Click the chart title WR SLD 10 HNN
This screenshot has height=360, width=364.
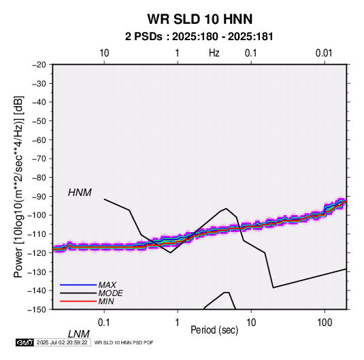coord(200,19)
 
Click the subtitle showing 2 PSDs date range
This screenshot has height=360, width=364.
coord(199,37)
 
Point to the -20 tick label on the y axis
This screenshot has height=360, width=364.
coord(39,65)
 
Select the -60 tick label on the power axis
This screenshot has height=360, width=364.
coord(39,140)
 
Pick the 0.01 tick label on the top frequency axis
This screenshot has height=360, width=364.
coord(324,53)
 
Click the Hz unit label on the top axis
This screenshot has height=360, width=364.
coord(214,53)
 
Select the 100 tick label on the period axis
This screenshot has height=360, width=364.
coord(325,323)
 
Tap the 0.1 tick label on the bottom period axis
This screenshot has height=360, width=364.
coord(103,323)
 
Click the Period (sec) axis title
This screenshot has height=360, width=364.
coord(214,330)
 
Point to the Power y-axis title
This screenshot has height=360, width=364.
coord(18,187)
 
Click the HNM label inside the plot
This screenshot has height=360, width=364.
coord(80,193)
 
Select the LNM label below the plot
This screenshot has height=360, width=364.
coord(79,334)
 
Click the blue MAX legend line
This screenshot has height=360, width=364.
coord(78,285)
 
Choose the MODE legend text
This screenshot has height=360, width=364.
coord(110,293)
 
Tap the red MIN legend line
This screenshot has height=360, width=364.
coord(78,301)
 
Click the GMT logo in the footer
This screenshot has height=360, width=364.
coord(25,342)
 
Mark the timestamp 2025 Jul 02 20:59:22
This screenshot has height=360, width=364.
coord(62,342)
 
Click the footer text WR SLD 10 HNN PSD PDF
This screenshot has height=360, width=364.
coord(124,342)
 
